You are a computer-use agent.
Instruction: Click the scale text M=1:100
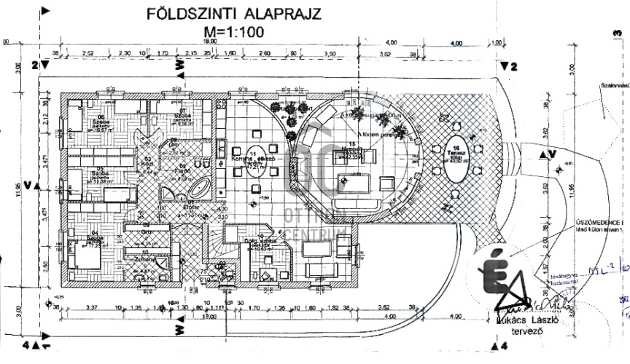click(x=234, y=32)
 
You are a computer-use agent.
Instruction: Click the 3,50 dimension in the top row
click(x=330, y=54)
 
